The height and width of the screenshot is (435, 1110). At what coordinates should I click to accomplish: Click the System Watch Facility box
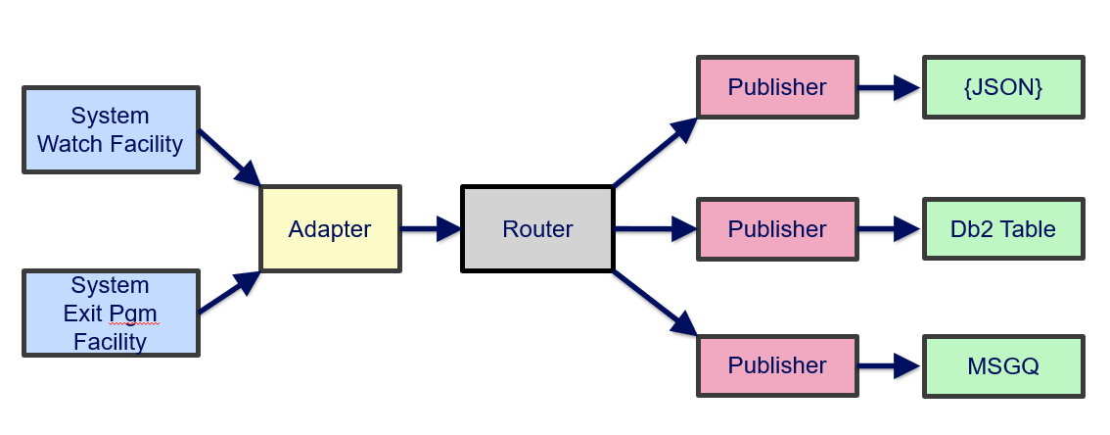point(111,130)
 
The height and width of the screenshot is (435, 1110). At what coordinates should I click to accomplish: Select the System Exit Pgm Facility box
point(111,314)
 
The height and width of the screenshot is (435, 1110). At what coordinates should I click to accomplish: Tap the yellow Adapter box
point(330,229)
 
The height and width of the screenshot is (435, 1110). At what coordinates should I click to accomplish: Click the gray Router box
point(537,229)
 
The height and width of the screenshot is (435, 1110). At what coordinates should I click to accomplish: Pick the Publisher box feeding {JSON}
point(776,87)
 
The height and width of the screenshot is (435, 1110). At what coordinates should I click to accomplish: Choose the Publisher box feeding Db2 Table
point(776,229)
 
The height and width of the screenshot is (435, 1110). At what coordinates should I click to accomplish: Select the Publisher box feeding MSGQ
point(776,365)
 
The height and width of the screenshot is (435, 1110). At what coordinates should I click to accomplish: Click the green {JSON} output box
point(1002,87)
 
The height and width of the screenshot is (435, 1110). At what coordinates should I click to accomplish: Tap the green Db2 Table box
point(1002,229)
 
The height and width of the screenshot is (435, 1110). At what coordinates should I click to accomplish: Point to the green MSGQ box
point(1002,365)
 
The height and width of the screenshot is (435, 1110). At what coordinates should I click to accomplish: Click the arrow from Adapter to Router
point(431,229)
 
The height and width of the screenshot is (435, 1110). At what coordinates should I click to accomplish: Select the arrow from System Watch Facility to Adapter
point(230,157)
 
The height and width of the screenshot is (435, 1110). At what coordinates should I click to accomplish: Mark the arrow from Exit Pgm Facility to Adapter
point(230,293)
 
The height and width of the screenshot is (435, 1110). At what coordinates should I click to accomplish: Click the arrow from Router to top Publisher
point(655,152)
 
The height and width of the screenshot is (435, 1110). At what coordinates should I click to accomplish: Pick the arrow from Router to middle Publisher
point(655,229)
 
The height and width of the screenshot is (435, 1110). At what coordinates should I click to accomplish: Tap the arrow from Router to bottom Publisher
point(655,303)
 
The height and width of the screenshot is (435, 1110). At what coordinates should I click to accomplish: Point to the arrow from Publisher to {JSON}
point(889,87)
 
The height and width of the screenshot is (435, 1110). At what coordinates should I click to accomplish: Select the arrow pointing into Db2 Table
point(889,229)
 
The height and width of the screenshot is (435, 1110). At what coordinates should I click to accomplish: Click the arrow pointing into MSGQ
point(889,365)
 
